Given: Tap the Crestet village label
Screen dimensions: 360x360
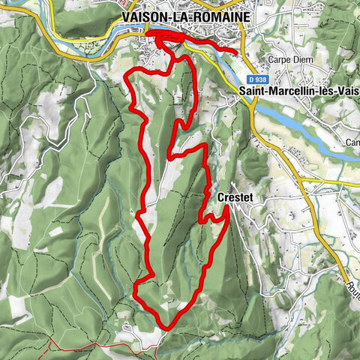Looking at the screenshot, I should tap(234, 198).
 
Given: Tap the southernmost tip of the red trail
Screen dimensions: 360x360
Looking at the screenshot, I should tap(166, 328).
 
